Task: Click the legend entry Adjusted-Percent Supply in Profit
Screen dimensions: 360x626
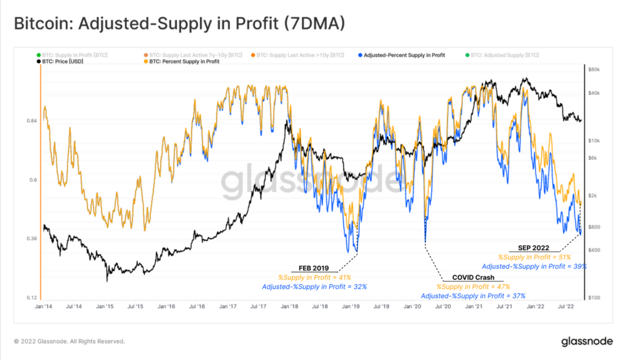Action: click(x=404, y=55)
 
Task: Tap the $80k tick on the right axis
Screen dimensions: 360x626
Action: click(x=595, y=70)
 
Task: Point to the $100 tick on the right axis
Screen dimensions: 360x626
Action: click(x=595, y=298)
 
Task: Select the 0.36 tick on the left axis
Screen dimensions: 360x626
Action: click(x=31, y=239)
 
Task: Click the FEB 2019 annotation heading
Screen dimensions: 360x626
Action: click(x=314, y=268)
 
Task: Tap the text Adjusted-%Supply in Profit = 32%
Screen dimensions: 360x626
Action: click(x=314, y=287)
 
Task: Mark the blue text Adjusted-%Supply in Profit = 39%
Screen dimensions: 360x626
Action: click(x=534, y=266)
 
